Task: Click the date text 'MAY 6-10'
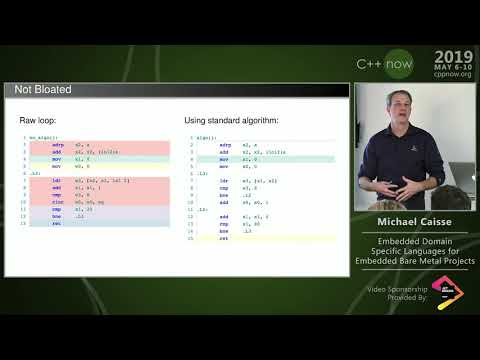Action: tap(454, 67)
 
